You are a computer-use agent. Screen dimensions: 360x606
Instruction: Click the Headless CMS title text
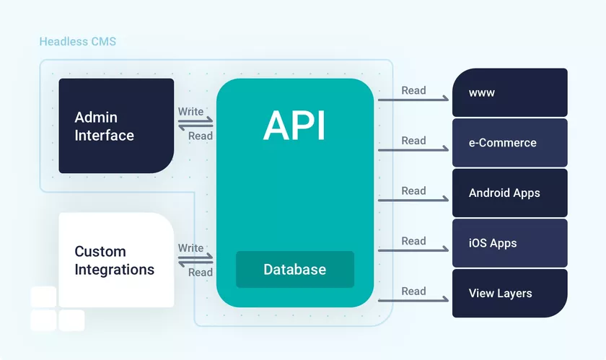point(77,41)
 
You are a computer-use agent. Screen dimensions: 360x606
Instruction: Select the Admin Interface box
point(116,126)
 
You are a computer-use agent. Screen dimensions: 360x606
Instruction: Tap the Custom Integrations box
point(116,260)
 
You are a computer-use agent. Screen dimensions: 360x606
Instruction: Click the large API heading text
point(294,126)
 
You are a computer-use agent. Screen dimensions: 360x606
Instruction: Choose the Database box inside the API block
point(295,270)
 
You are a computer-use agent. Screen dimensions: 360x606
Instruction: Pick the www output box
point(509,92)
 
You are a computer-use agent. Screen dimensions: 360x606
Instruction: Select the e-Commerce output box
point(509,143)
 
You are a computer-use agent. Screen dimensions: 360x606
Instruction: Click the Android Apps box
point(509,193)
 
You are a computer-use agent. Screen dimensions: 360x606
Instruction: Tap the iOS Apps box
point(509,243)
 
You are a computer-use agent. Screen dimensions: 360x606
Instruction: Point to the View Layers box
point(509,293)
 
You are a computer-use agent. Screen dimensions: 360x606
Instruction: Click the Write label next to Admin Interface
point(190,111)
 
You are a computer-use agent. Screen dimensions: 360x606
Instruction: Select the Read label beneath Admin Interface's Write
point(201,136)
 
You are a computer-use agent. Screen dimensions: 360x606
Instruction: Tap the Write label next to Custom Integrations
point(190,247)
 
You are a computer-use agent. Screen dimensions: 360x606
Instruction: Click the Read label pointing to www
point(413,90)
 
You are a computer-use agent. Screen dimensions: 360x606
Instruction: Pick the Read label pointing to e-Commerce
point(413,141)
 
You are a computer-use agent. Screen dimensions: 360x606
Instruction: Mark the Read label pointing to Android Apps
point(413,190)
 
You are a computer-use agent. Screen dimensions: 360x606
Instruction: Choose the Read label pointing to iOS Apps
point(413,241)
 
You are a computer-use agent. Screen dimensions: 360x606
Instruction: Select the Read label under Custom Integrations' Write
point(201,272)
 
